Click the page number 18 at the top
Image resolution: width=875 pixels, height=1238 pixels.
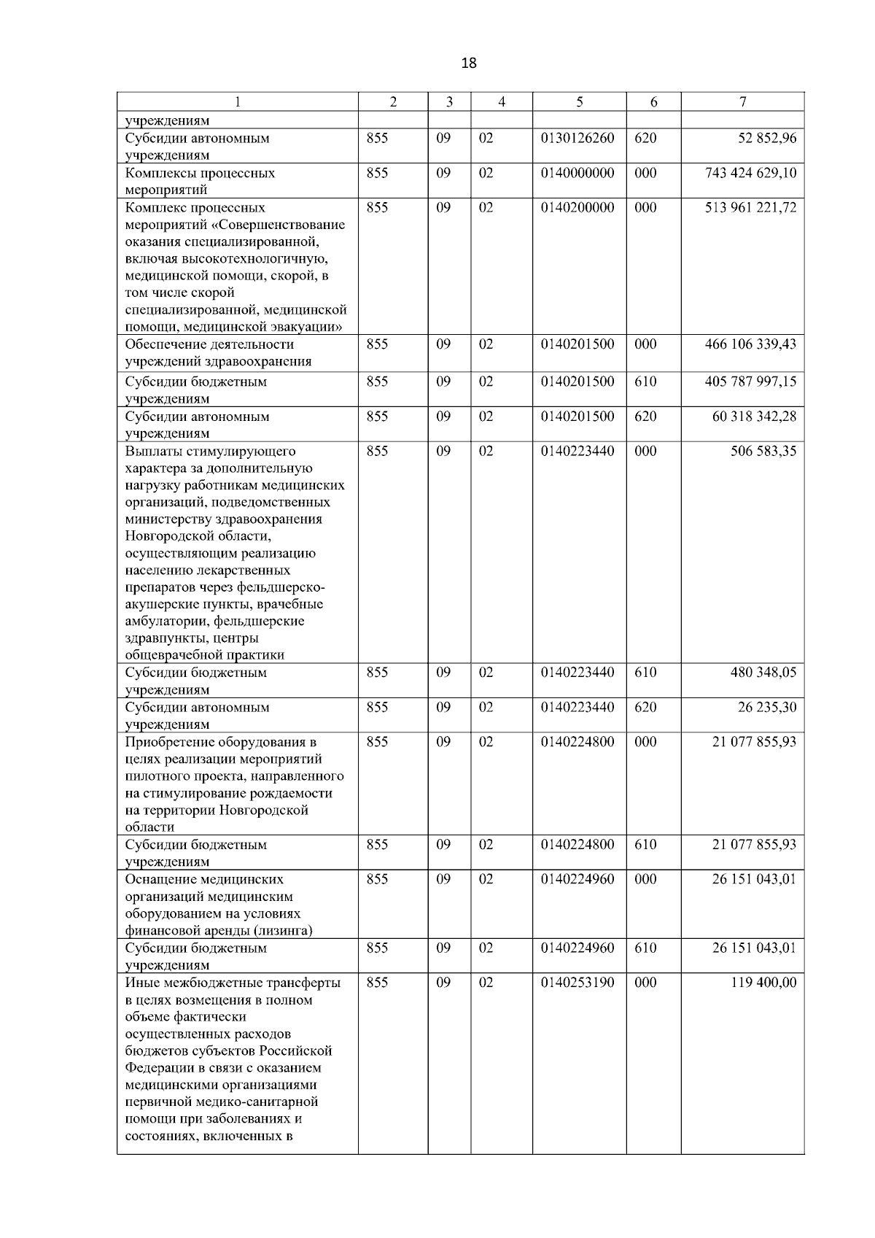469,63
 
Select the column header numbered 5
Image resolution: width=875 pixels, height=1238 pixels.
579,103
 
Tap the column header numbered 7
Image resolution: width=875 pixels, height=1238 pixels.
742,103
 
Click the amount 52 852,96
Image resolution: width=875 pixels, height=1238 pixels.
767,139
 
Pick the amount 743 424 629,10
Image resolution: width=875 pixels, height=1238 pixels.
751,174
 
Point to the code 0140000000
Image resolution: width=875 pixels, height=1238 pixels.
577,174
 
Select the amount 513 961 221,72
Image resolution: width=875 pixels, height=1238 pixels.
751,208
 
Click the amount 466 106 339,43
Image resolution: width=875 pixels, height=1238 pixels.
751,344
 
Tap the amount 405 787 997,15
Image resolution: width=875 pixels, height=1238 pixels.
751,382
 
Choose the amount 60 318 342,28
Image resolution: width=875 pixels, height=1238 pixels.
755,417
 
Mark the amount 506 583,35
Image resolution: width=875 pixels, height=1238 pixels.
763,452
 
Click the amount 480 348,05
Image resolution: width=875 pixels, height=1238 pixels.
763,673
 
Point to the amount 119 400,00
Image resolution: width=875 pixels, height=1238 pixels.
763,983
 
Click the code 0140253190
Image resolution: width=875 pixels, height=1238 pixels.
577,983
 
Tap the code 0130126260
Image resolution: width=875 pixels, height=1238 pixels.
577,139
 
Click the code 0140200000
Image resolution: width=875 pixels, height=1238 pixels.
577,208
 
